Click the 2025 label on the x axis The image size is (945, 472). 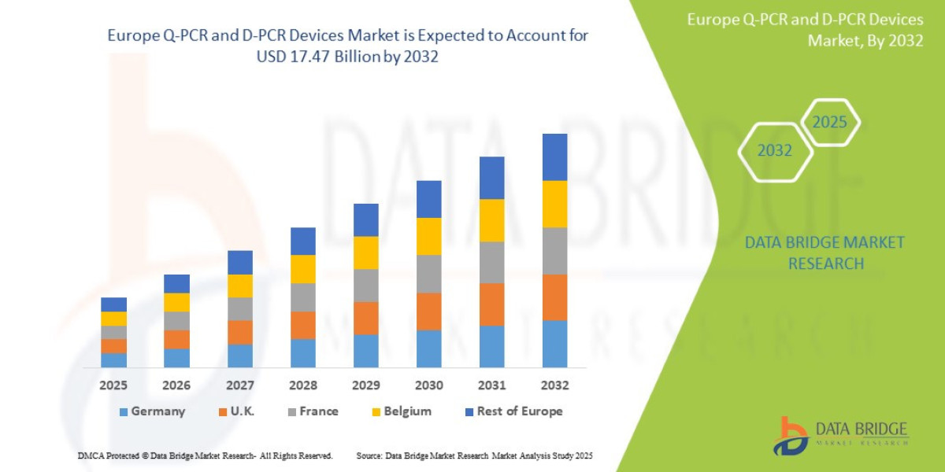pos(113,385)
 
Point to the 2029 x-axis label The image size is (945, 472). pos(365,385)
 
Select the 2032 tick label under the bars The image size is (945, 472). pos(554,385)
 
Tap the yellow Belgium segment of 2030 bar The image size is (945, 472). pos(428,236)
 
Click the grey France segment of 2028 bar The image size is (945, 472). pos(302,297)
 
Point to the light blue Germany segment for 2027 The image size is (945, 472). pos(239,356)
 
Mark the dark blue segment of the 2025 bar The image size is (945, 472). pos(113,304)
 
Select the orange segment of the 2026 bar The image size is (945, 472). pos(176,339)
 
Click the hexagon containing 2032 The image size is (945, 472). pos(774,150)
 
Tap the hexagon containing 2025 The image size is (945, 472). pos(829,123)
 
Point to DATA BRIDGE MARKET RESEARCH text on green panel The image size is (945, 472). pos(825,253)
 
